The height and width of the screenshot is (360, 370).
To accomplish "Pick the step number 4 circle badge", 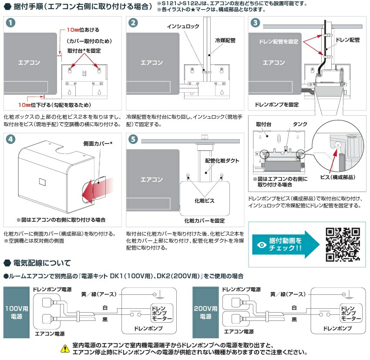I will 11,139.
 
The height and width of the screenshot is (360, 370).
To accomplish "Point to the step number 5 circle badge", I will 134,139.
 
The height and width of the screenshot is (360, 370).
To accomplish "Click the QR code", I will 343,244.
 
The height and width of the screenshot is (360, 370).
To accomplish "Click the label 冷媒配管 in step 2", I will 225,40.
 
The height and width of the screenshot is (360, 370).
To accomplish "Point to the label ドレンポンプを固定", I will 277,105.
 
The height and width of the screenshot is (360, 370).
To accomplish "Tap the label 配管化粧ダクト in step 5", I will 222,160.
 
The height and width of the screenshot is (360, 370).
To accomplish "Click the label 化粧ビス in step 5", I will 204,201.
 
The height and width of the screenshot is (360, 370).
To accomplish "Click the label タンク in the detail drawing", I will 299,124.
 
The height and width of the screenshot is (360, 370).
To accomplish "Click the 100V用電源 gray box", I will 14,312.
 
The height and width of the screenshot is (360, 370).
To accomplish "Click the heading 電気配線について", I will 41,263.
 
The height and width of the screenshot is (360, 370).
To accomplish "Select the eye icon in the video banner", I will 261,244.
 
